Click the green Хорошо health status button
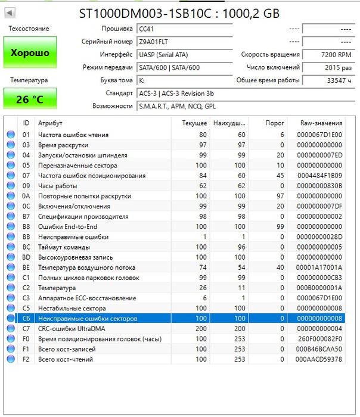point(30,52)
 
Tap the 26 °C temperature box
point(30,99)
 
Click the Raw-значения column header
point(321,123)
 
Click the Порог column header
point(274,123)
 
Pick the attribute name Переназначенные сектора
point(77,166)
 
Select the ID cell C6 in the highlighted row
point(26,319)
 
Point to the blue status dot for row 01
point(11,135)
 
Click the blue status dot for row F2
point(11,359)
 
